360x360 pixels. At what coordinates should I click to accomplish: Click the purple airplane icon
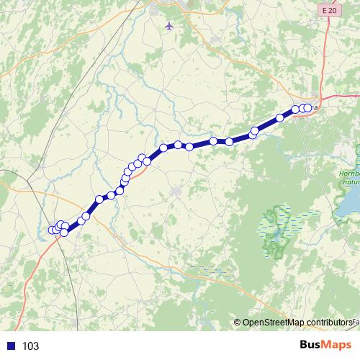[x=169, y=27]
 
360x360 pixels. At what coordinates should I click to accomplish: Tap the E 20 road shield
[x=329, y=9]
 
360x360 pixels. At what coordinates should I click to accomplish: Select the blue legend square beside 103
[x=11, y=346]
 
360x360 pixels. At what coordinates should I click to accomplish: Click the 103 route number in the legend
[x=30, y=346]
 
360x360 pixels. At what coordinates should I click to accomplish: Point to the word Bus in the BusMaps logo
[x=311, y=345]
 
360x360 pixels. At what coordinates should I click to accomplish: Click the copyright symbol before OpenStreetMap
[x=238, y=322]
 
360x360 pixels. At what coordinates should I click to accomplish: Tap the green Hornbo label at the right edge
[x=348, y=174]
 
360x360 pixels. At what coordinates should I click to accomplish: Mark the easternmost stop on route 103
[x=310, y=108]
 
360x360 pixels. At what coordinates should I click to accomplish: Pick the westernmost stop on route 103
[x=52, y=230]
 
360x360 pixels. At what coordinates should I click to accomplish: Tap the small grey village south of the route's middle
[x=176, y=191]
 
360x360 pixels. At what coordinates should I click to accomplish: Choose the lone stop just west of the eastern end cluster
[x=280, y=117]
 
